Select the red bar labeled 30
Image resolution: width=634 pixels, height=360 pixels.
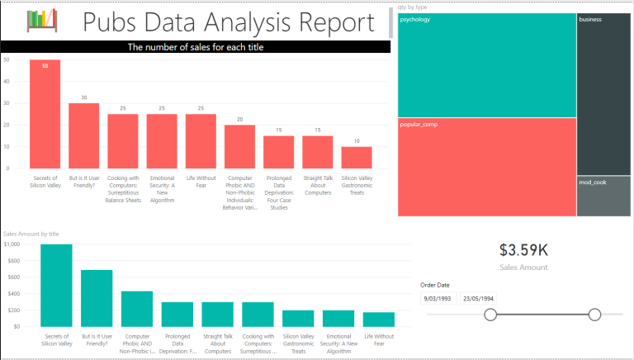tap(83, 135)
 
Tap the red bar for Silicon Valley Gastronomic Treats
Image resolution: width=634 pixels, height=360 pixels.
tap(356, 157)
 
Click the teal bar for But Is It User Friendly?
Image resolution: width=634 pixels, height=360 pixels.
tap(97, 298)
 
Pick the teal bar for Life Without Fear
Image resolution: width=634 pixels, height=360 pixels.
tap(379, 319)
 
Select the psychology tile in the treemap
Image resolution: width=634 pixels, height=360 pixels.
tap(486, 66)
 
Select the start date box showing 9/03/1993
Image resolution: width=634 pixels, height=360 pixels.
tap(438, 299)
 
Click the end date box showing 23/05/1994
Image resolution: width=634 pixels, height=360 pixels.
tap(479, 299)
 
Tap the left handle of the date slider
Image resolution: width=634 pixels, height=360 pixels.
tap(490, 315)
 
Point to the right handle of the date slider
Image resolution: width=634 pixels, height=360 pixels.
tap(594, 315)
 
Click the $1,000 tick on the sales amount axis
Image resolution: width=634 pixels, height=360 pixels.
tap(12, 244)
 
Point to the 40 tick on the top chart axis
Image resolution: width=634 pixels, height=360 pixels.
tap(6, 81)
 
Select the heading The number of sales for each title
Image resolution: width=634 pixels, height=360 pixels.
tap(196, 47)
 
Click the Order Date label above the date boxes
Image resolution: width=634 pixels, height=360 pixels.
tap(435, 285)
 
